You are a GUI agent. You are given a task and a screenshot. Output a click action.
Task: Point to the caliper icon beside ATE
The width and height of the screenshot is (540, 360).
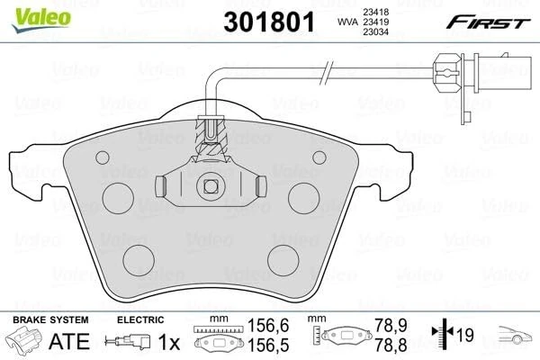(x=24, y=342)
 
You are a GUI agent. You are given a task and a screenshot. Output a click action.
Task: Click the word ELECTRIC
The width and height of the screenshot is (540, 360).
(x=140, y=319)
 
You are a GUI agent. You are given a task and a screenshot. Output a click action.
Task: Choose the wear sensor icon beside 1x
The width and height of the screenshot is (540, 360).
(x=129, y=342)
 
